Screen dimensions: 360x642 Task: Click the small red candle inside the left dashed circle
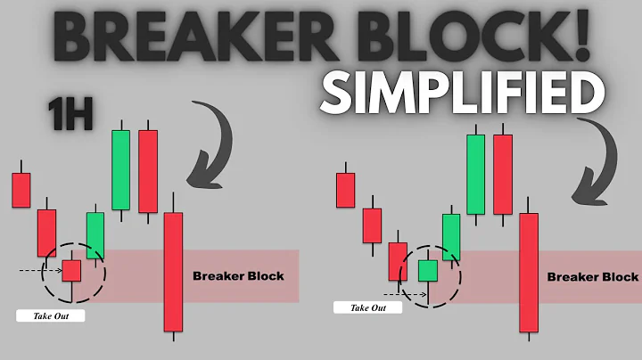(x=71, y=270)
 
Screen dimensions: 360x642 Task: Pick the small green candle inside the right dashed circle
(x=429, y=270)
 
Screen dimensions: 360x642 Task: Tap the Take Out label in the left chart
(x=51, y=315)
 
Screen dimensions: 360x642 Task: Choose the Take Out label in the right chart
(x=368, y=308)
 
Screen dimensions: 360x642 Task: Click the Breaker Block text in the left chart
(x=238, y=276)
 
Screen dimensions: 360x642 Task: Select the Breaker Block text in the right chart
(x=592, y=277)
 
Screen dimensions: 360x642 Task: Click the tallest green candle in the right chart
(x=475, y=175)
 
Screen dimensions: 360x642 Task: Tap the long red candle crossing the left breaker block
(x=173, y=271)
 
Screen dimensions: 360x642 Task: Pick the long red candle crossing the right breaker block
(x=529, y=273)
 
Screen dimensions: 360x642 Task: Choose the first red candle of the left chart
(x=21, y=189)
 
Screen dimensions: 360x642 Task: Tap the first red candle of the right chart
(x=345, y=190)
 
